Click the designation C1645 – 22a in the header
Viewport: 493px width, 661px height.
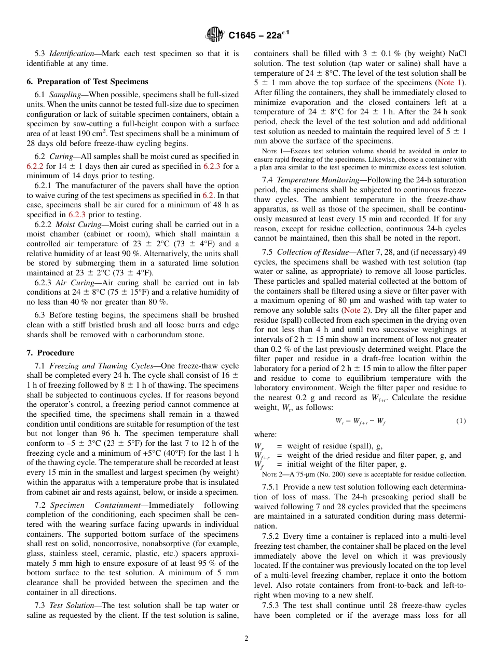(258, 35)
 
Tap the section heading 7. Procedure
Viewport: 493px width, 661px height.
(50, 353)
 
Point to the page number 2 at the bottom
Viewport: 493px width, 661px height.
(246, 639)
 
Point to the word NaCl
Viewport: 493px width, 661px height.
(456, 54)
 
